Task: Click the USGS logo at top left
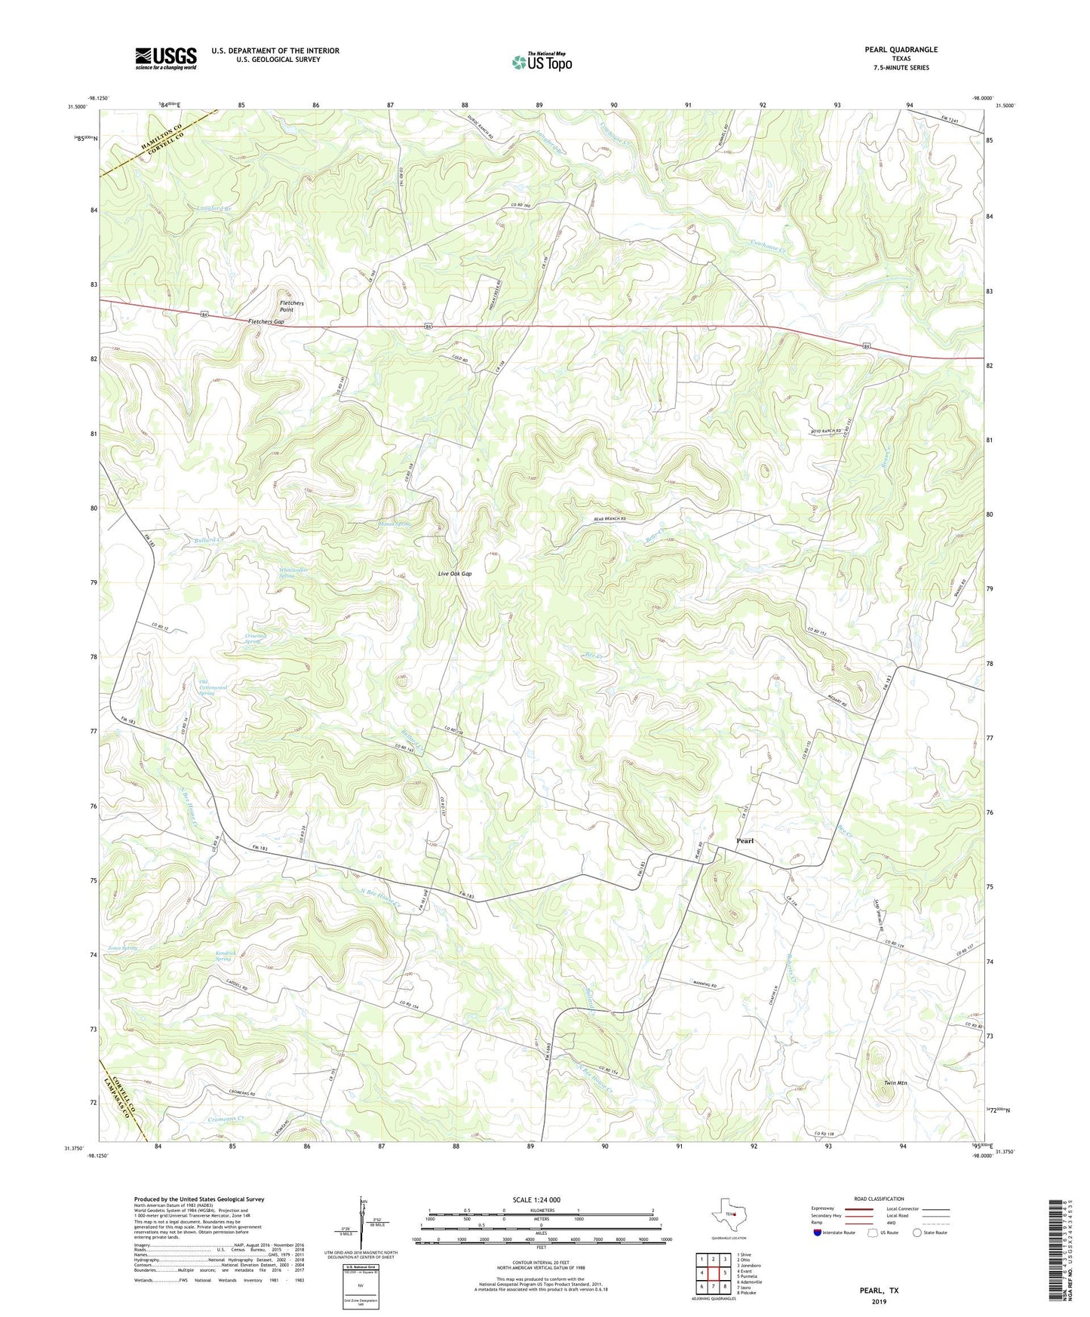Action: pos(166,58)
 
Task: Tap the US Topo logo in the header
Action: pos(542,62)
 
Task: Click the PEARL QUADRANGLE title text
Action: pos(901,50)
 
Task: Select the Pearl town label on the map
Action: pos(745,841)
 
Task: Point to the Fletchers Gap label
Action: pos(266,322)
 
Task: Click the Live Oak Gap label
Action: pos(455,574)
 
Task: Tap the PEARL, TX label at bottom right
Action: pos(879,1291)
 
